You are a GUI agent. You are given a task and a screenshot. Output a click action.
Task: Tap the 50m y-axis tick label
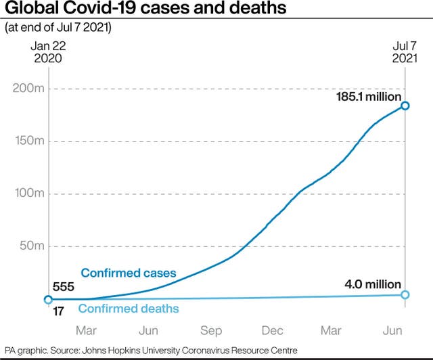coord(30,246)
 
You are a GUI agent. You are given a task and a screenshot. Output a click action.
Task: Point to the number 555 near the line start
coord(63,287)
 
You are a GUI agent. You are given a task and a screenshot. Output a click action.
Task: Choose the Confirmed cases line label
coord(129,273)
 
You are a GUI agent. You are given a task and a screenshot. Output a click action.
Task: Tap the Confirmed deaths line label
coord(129,309)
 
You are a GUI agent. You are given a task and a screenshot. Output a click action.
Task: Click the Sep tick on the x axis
coord(211,331)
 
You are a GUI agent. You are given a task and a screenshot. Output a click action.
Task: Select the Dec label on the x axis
coord(273,331)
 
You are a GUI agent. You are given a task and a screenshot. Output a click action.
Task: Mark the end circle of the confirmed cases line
coord(405,106)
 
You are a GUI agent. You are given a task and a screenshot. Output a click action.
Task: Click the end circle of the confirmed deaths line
coord(405,294)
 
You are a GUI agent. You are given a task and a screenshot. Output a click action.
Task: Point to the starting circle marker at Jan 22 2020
coord(48,299)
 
